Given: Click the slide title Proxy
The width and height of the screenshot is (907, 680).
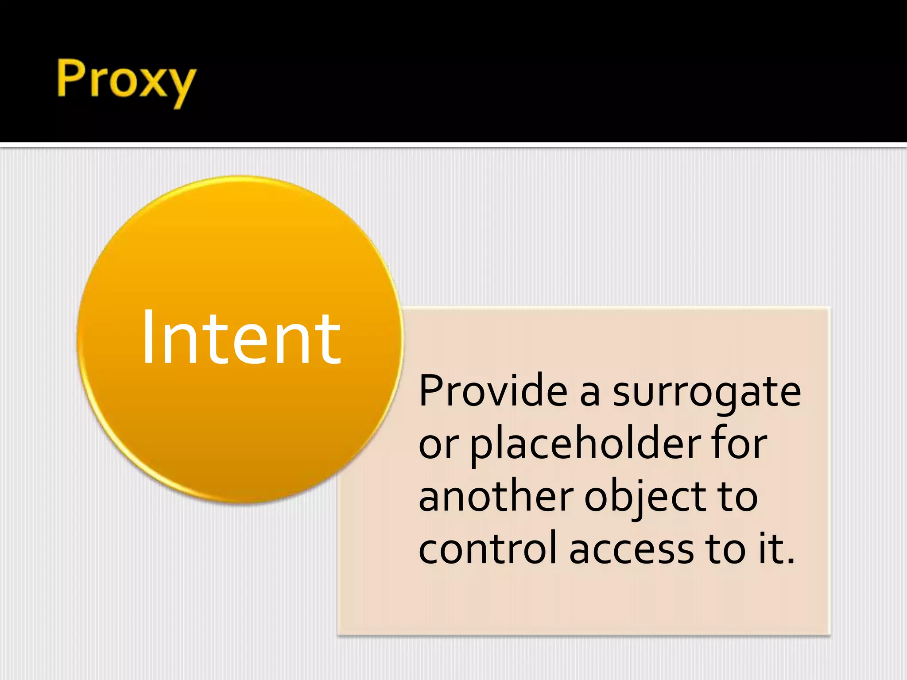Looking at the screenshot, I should [x=126, y=80].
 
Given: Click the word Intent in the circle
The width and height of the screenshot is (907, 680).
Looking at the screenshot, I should [x=241, y=338].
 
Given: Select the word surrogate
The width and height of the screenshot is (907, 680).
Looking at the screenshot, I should [x=707, y=392].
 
